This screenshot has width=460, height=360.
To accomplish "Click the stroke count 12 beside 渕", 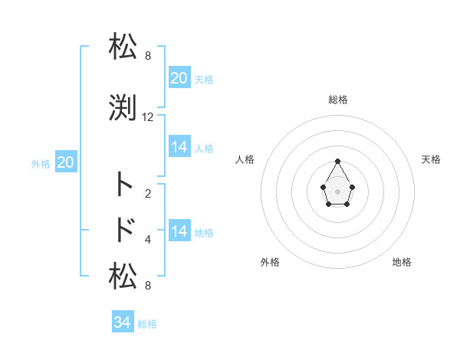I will click(x=148, y=117).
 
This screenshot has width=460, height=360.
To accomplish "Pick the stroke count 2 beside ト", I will click(x=148, y=193).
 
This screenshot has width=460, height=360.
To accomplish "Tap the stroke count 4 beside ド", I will click(x=148, y=240).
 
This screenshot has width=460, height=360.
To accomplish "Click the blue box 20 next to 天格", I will click(x=179, y=78).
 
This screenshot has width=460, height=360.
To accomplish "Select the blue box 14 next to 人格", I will click(x=179, y=147).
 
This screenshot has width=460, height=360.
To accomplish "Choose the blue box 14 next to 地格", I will click(x=179, y=231).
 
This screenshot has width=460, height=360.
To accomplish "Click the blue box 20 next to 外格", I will click(x=66, y=162).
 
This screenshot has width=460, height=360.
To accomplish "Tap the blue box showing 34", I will click(x=123, y=322).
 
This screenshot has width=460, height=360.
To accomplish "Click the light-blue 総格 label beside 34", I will click(x=147, y=324).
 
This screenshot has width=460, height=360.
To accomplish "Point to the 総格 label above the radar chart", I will click(x=338, y=100).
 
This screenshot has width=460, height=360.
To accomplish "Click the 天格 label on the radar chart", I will click(x=431, y=159).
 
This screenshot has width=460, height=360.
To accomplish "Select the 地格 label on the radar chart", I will click(x=402, y=262).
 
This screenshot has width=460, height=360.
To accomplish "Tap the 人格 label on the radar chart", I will click(x=245, y=159).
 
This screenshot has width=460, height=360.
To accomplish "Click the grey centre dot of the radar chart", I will click(x=337, y=191).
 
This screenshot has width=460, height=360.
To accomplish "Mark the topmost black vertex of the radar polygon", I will click(x=337, y=162).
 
